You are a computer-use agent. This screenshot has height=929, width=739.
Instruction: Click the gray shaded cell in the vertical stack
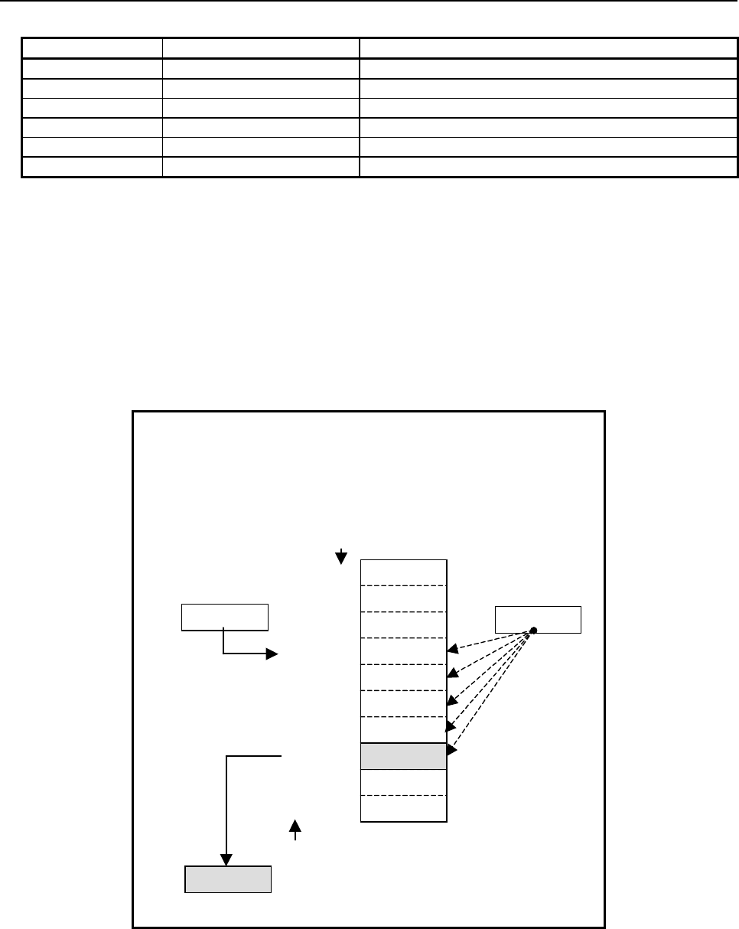[403, 756]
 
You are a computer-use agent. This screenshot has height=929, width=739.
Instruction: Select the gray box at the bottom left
[228, 879]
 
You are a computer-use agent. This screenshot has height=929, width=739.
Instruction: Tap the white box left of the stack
[224, 617]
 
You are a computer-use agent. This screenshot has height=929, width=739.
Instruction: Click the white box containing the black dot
[538, 619]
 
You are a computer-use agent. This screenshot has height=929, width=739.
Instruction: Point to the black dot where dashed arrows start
[533, 631]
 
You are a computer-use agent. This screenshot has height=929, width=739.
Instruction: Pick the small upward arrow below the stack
[296, 828]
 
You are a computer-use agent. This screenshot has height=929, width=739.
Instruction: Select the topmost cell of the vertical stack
[403, 572]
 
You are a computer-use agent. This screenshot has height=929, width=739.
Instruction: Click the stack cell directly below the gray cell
[403, 782]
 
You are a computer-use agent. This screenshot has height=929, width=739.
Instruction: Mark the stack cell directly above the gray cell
[403, 729]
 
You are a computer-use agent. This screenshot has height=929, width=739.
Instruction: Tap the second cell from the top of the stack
[403, 598]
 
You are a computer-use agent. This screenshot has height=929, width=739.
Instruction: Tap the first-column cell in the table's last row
[92, 167]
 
